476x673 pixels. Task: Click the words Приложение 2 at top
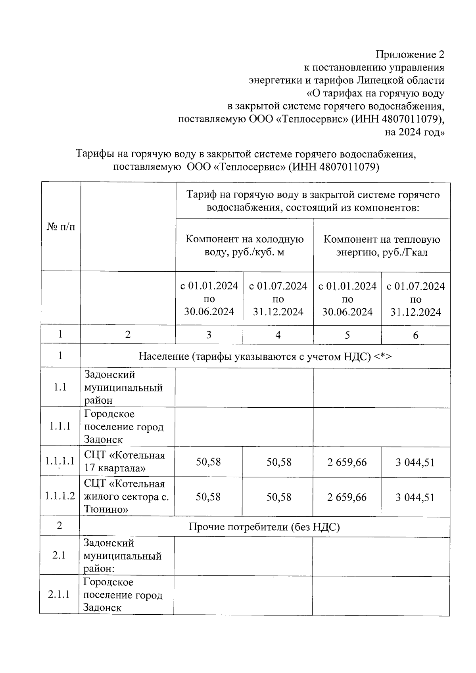pyautogui.click(x=410, y=54)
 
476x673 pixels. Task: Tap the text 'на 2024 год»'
pyautogui.click(x=415, y=132)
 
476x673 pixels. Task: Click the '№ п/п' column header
pyautogui.click(x=61, y=227)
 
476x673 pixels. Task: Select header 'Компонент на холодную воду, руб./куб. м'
pyautogui.click(x=244, y=245)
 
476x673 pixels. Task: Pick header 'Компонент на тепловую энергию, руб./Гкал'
pyautogui.click(x=382, y=245)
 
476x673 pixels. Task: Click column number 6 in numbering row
pyautogui.click(x=415, y=336)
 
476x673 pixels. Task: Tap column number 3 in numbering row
pyautogui.click(x=209, y=335)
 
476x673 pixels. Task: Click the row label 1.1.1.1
pyautogui.click(x=60, y=461)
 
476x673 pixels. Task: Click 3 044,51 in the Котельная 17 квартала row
pyautogui.click(x=415, y=462)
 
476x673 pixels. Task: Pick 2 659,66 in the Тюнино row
pyautogui.click(x=347, y=497)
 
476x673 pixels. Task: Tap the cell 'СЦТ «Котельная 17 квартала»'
pyautogui.click(x=124, y=462)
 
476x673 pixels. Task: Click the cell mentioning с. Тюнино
pyautogui.click(x=126, y=497)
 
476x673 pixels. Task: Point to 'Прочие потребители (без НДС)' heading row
pyautogui.click(x=264, y=527)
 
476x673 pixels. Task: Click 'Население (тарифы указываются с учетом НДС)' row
pyautogui.click(x=265, y=356)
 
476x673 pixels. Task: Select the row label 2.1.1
pyautogui.click(x=59, y=594)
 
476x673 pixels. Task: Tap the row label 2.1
pyautogui.click(x=59, y=555)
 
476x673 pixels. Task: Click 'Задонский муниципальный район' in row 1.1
pyautogui.click(x=123, y=387)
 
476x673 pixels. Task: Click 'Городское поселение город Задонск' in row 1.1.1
pyautogui.click(x=123, y=427)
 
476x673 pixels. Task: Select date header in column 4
pyautogui.click(x=278, y=299)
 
